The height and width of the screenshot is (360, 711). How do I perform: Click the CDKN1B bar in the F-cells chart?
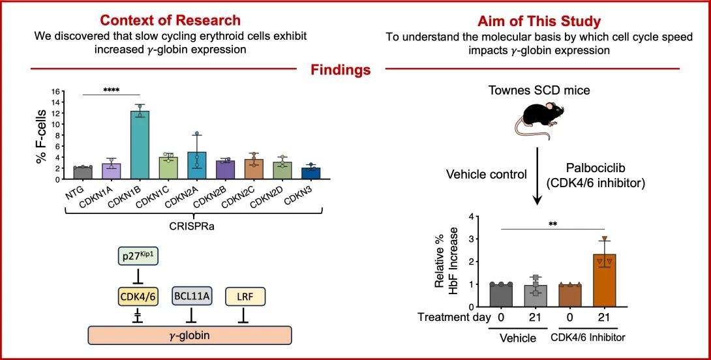pos(140,145)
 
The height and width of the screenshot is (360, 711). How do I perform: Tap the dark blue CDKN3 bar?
pos(310,173)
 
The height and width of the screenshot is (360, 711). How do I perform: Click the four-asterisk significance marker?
pos(111,90)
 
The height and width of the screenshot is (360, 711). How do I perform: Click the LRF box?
pos(245,297)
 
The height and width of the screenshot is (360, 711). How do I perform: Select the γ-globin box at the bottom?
pos(190,335)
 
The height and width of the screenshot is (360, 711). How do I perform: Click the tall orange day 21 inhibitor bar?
pos(604,280)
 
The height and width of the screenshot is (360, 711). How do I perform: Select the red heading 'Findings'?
pos(340,70)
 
